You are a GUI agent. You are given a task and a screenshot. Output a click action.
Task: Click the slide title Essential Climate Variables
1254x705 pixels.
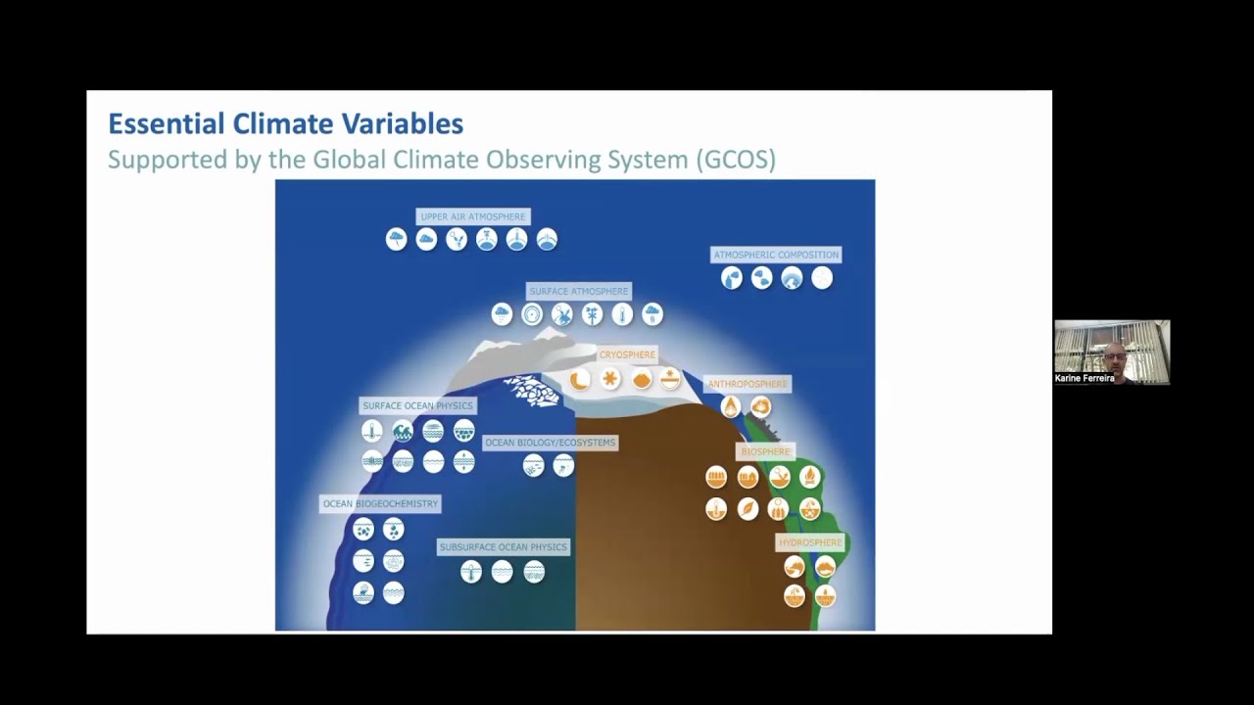point(285,124)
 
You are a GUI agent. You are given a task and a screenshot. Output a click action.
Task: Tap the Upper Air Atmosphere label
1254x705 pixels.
point(473,216)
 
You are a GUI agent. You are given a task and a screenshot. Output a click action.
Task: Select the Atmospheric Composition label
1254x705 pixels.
point(776,255)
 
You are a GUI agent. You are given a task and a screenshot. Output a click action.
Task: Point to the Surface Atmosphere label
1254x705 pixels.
point(578,291)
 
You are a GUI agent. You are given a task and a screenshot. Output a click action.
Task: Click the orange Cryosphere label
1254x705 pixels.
point(627,354)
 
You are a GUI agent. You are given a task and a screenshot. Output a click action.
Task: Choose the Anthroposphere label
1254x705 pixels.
point(748,384)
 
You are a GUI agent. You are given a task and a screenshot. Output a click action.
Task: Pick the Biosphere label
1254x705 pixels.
point(765,451)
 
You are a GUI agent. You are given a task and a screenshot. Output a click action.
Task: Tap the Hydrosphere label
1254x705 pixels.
point(810,542)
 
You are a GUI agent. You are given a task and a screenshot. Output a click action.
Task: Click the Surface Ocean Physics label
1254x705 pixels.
point(417,405)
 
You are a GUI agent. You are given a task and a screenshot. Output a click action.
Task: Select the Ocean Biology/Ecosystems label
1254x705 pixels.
point(551,443)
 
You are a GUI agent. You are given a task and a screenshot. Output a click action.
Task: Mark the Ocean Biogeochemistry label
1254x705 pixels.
point(381,503)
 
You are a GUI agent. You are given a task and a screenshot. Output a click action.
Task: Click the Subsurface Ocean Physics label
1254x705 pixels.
point(503,546)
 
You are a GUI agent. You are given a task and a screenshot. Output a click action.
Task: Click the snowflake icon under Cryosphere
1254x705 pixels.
point(610,379)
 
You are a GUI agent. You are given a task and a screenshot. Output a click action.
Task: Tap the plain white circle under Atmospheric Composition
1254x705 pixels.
point(822,279)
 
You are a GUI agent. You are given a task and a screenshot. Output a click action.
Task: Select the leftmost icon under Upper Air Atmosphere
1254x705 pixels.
point(396,240)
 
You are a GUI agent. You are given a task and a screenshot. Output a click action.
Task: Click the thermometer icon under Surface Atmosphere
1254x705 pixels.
point(622,314)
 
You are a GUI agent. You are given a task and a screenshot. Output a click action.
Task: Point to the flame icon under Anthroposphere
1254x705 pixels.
point(730,406)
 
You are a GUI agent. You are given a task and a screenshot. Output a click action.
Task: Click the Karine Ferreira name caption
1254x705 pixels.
point(1085,378)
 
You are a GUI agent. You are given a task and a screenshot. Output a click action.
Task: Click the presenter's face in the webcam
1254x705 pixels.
point(1113,354)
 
